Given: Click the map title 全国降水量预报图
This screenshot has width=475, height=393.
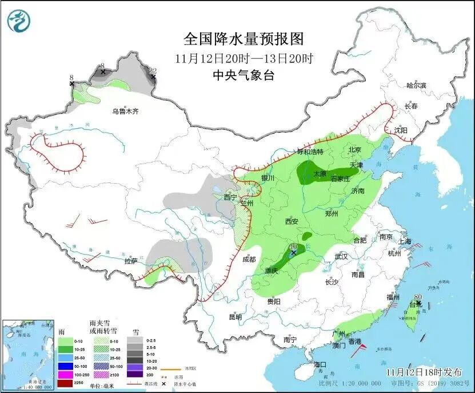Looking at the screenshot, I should [243, 39].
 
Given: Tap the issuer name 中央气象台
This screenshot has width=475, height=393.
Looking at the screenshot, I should [243, 75].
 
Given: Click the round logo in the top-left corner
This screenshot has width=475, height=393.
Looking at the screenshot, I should [18, 22].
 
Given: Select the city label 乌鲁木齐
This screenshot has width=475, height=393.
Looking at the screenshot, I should [125, 112].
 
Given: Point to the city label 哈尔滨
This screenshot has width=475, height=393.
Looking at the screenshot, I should [416, 85].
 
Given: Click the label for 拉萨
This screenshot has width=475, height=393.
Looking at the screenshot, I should [130, 261].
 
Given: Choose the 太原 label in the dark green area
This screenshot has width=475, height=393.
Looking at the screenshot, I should [320, 173].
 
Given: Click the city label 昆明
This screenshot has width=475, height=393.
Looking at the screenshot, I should [235, 317].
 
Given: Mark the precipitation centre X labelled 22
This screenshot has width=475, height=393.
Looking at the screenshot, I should [153, 76].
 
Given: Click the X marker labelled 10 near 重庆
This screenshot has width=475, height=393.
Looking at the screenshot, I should [293, 252].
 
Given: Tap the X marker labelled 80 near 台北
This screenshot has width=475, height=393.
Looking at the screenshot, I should [418, 303].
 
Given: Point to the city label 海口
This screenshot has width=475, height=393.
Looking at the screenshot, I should [319, 364].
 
